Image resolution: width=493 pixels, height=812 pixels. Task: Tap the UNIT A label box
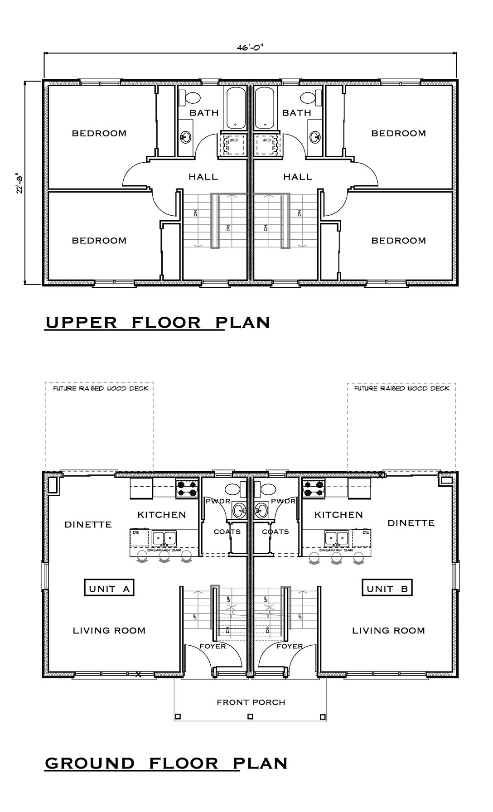tap(109, 588)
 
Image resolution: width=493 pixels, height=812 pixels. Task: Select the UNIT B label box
tap(387, 588)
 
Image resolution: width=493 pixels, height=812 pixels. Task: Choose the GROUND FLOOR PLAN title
tap(166, 763)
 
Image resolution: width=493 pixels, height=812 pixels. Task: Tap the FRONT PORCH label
tap(251, 702)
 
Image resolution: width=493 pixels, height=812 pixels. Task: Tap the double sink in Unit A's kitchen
tap(164, 538)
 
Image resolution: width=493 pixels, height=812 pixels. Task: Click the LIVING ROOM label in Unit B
tap(388, 630)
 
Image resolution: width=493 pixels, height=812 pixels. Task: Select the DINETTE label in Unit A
tap(88, 524)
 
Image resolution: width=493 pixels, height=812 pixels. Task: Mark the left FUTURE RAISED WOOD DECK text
tap(100, 388)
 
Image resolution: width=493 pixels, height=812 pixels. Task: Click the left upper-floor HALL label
tap(203, 177)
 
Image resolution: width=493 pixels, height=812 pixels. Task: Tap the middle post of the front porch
tap(250, 716)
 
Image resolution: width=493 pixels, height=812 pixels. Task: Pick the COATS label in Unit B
tap(275, 532)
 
